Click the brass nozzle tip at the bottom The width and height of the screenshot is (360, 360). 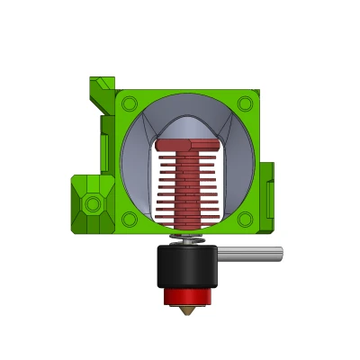[x=187, y=310]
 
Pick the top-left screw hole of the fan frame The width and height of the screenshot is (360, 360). [x=129, y=104]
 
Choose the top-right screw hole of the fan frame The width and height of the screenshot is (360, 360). [x=245, y=104]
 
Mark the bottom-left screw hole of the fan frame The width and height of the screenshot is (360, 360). [x=129, y=219]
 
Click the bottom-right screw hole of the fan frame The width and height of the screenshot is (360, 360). [x=245, y=219]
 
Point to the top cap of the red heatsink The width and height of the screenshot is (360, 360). [x=187, y=144]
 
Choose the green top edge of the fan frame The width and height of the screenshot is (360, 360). [x=187, y=92]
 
